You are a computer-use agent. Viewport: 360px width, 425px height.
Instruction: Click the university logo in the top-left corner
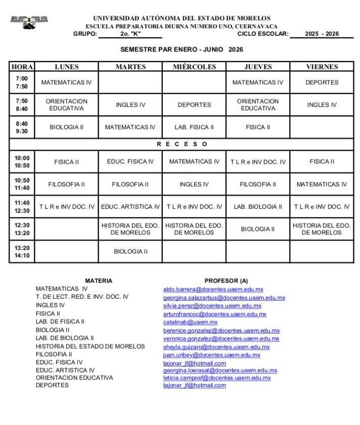pos(29,22)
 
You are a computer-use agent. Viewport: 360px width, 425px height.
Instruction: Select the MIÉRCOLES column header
pos(194,67)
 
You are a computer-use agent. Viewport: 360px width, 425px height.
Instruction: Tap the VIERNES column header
pos(322,67)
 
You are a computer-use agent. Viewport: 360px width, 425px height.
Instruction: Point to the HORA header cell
pos(22,67)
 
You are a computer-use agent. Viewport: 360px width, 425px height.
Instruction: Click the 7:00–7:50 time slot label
pos(22,82)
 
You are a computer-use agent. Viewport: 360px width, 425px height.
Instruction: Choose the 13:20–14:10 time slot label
pos(22,252)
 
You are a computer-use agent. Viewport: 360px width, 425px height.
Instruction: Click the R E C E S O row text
pos(182,144)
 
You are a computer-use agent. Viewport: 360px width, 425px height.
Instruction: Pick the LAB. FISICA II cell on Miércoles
pos(194,127)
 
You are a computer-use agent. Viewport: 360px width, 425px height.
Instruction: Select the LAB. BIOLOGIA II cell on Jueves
pos(258,207)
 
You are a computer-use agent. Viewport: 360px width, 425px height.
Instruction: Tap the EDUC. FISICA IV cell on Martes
pos(130,162)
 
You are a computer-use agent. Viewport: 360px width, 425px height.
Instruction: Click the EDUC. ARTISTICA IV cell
pos(130,207)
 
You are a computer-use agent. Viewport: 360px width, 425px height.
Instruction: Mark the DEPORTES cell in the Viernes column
pos(322,82)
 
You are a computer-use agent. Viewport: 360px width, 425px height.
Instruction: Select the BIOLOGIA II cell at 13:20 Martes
pos(130,252)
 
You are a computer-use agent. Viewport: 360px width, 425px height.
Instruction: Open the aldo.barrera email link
pos(213,290)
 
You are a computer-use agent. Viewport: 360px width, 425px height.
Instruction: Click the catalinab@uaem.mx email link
pos(190,322)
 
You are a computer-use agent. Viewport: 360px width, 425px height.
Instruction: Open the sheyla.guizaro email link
pos(216,347)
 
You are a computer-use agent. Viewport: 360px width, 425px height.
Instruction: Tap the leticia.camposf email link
pos(216,378)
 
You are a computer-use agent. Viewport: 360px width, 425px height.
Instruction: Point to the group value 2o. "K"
pos(130,34)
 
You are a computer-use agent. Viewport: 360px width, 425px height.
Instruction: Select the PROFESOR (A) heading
pos(226,280)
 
